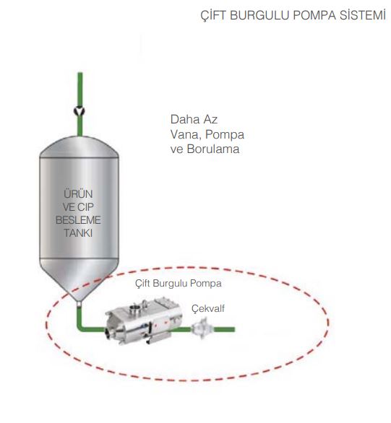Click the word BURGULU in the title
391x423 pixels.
pos(259,15)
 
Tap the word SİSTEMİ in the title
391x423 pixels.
pos(363,15)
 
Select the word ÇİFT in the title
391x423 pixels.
pos(213,16)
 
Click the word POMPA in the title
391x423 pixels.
pos(314,15)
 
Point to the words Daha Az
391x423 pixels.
pos(194,119)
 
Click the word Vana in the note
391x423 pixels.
pos(185,134)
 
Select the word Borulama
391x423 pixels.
pos(213,149)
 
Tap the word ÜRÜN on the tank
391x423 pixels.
pos(78,193)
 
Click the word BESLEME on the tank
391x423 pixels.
pos(78,220)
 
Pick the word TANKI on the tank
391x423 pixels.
pos(78,233)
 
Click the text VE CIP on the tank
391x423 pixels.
pos(78,207)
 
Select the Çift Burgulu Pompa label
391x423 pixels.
pos(179,283)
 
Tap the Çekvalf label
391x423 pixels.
pos(208,308)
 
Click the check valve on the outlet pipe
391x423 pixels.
pos(202,328)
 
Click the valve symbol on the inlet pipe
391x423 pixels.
pos(80,111)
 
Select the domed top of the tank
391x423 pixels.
pos(79,147)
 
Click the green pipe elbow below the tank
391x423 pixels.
pos(81,327)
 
